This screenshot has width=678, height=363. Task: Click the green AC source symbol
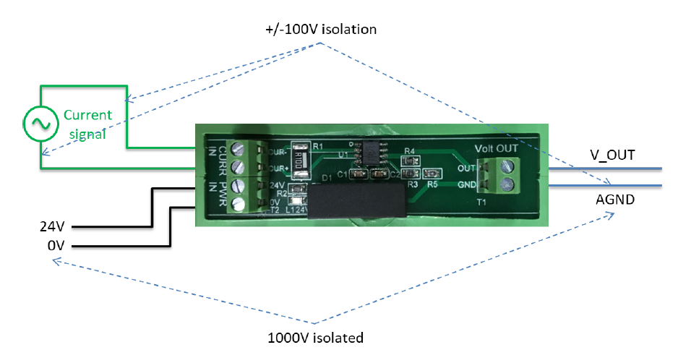[38, 124]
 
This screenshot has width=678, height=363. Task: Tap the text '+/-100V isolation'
[321, 30]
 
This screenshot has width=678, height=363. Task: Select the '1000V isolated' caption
[315, 338]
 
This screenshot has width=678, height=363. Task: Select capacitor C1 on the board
[356, 174]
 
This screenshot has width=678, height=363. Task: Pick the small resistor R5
[433, 174]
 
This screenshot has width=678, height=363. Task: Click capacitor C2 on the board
[378, 174]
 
